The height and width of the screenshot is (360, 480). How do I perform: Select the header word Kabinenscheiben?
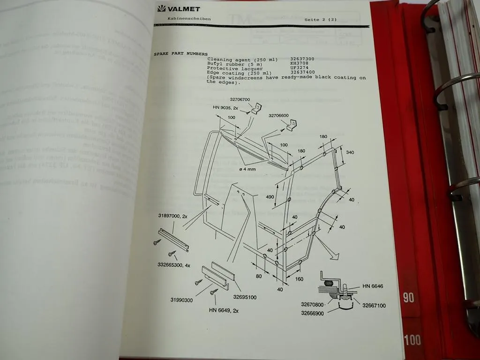coord(189,19)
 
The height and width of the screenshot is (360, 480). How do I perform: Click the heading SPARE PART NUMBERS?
coord(180,54)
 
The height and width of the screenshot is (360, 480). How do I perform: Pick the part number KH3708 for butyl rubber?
coord(300,64)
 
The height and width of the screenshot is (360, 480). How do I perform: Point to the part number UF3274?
coord(300,68)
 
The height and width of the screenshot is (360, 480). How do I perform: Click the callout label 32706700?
coord(240,99)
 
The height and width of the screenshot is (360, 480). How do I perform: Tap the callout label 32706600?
coord(278,115)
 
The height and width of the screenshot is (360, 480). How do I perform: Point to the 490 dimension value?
coord(270,197)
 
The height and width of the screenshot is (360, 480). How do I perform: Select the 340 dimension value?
coord(350,152)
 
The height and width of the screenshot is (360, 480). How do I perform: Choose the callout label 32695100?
coord(244,297)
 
